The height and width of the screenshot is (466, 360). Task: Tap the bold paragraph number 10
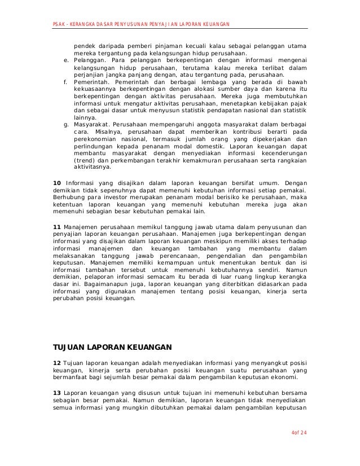click(56, 183)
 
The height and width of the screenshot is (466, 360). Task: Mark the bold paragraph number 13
click(56, 393)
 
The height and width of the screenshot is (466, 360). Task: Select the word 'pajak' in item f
click(298, 103)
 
